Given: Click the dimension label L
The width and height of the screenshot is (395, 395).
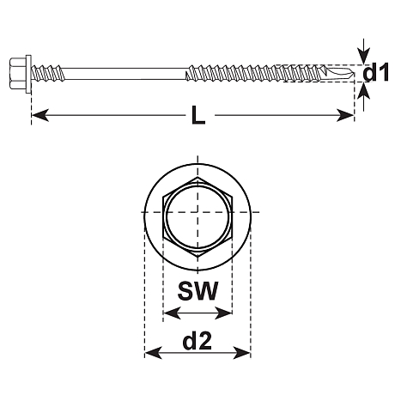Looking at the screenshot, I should point(197,116).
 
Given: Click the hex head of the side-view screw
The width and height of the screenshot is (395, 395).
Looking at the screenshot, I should point(21,65).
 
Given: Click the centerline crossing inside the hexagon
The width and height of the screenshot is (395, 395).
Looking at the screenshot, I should point(197,210).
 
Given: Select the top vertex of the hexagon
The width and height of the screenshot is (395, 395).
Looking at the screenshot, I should point(197,176).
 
